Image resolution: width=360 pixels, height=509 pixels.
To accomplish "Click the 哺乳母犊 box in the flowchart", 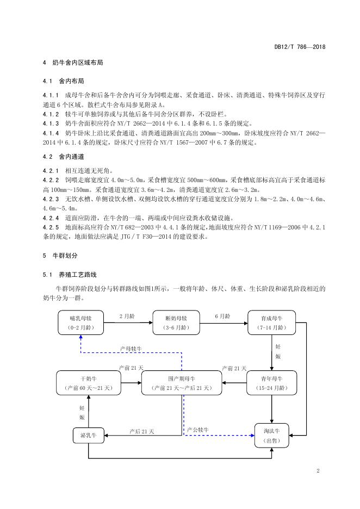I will coord(81,322).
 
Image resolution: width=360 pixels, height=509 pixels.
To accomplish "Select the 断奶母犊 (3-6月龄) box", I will coord(177,322).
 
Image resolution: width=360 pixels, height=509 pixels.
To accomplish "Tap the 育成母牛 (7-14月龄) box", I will coord(271,322).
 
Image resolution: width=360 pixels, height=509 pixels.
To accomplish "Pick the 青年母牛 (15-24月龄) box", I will coord(271,382).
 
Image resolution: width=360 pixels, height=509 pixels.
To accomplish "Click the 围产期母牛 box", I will coord(182,382).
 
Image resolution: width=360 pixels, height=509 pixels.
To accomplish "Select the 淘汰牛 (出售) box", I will coord(271,435).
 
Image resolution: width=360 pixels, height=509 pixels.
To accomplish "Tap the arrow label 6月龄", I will coord(222,316).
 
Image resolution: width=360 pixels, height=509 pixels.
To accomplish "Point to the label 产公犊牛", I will coord(198,430).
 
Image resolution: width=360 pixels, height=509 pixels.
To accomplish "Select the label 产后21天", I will coord(142,431).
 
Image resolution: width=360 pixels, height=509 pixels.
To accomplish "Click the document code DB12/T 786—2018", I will coord(300,47).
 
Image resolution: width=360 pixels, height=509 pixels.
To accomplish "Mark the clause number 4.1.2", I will coord(51,114).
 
